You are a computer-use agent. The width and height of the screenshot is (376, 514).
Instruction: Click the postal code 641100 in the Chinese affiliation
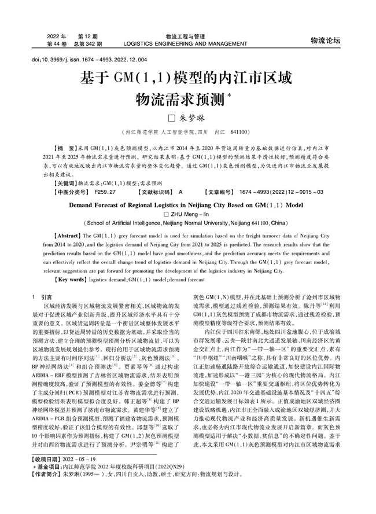click(241, 132)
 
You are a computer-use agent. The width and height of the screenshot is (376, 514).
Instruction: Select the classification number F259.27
click(105, 191)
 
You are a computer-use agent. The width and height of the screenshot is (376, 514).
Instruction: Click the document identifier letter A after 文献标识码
click(180, 191)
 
